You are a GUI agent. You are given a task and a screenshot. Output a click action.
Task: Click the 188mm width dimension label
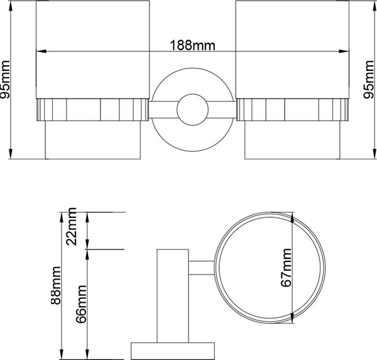193,45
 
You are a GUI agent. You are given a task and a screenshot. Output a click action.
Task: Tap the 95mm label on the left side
5,80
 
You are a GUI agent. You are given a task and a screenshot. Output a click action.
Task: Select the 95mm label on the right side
369,80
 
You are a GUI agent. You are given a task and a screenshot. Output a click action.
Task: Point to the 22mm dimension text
72,226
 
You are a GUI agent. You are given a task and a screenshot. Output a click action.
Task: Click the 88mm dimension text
56,285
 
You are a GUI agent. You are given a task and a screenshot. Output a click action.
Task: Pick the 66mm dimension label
81,304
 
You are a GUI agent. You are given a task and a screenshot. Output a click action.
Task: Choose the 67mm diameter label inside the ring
286,268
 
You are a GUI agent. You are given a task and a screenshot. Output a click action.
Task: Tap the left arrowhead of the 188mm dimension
41,52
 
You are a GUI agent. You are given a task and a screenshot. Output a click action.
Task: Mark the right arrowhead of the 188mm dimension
344,52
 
